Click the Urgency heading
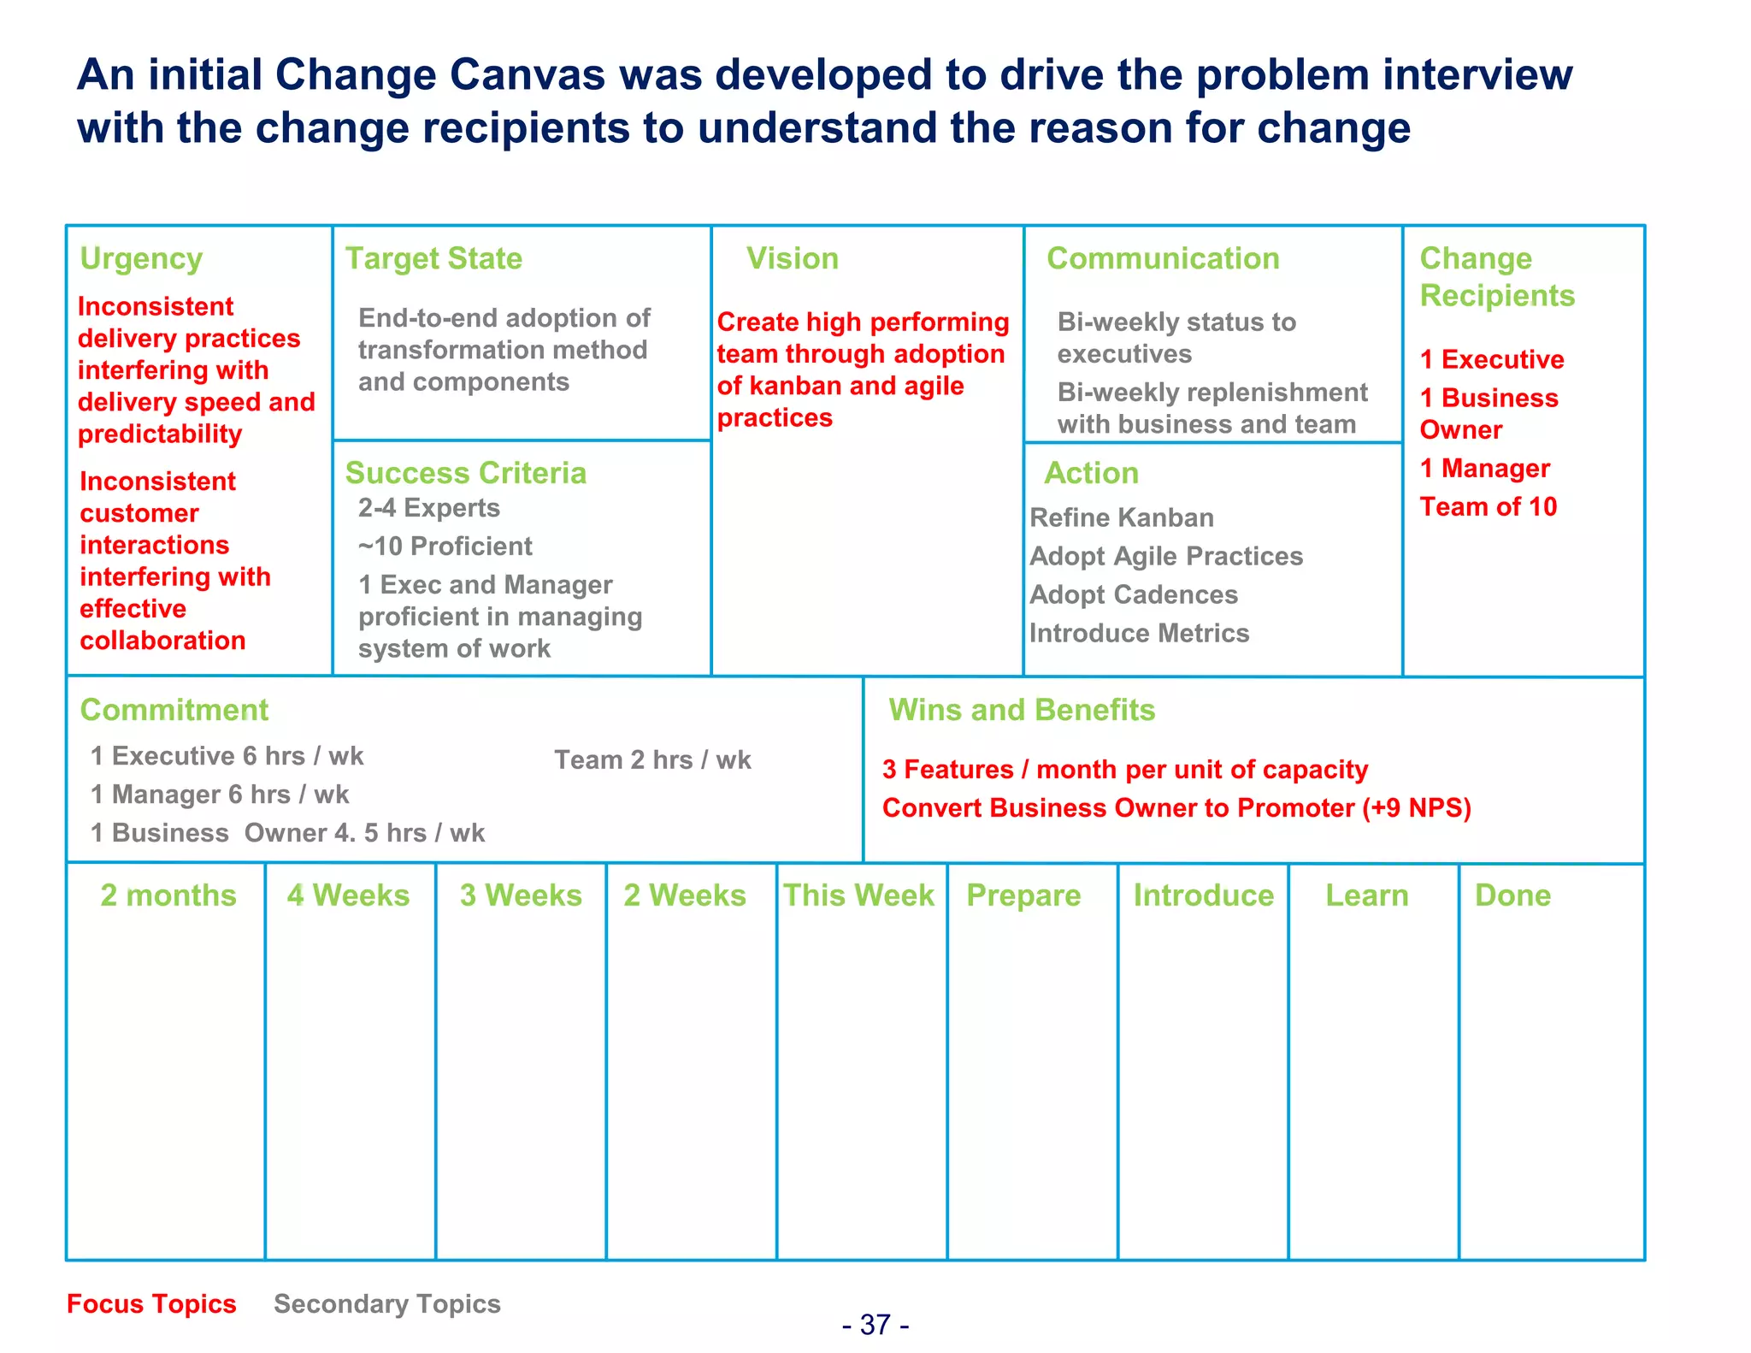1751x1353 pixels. (141, 258)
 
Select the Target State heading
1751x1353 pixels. (433, 258)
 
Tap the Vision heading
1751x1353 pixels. (792, 258)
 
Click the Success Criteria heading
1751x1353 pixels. (465, 473)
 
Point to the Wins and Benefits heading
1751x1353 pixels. (1022, 710)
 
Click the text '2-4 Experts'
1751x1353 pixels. (428, 508)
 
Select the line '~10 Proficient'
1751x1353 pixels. (445, 547)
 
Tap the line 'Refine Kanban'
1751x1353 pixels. (1122, 517)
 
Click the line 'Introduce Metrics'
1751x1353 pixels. (1139, 633)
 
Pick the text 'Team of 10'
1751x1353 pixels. (1488, 507)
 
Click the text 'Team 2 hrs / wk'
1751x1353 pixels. (652, 759)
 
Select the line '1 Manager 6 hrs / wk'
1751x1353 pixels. (220, 795)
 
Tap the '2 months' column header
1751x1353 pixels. (168, 895)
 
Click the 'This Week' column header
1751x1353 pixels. (859, 895)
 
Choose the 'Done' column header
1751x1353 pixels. (1512, 895)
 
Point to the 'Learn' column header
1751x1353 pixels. (1366, 895)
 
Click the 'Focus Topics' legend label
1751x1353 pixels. (151, 1303)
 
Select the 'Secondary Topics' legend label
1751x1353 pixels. (386, 1303)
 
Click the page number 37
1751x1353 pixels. (875, 1325)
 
